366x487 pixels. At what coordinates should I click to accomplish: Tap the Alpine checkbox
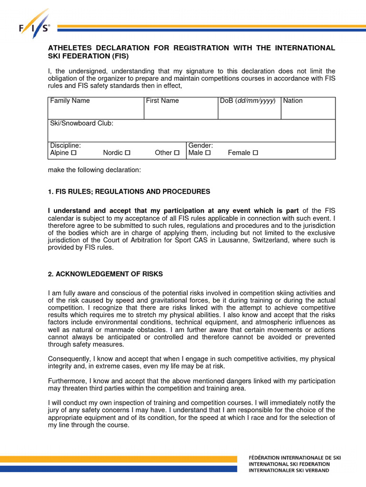[73, 153]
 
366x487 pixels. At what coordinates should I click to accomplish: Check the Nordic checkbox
[127, 153]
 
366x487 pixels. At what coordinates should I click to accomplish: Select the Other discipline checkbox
[177, 153]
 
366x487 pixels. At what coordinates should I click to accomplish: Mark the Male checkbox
[207, 153]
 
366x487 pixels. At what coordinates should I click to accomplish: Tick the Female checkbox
[255, 153]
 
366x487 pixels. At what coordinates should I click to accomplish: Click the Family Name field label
[70, 101]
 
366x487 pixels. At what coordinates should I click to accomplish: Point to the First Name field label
[163, 101]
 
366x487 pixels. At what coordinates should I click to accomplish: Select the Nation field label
[293, 101]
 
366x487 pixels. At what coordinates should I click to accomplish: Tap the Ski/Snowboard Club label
[81, 123]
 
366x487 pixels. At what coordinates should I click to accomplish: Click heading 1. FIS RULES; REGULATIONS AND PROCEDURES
[129, 192]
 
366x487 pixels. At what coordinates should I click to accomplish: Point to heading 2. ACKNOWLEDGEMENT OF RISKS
[105, 274]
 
